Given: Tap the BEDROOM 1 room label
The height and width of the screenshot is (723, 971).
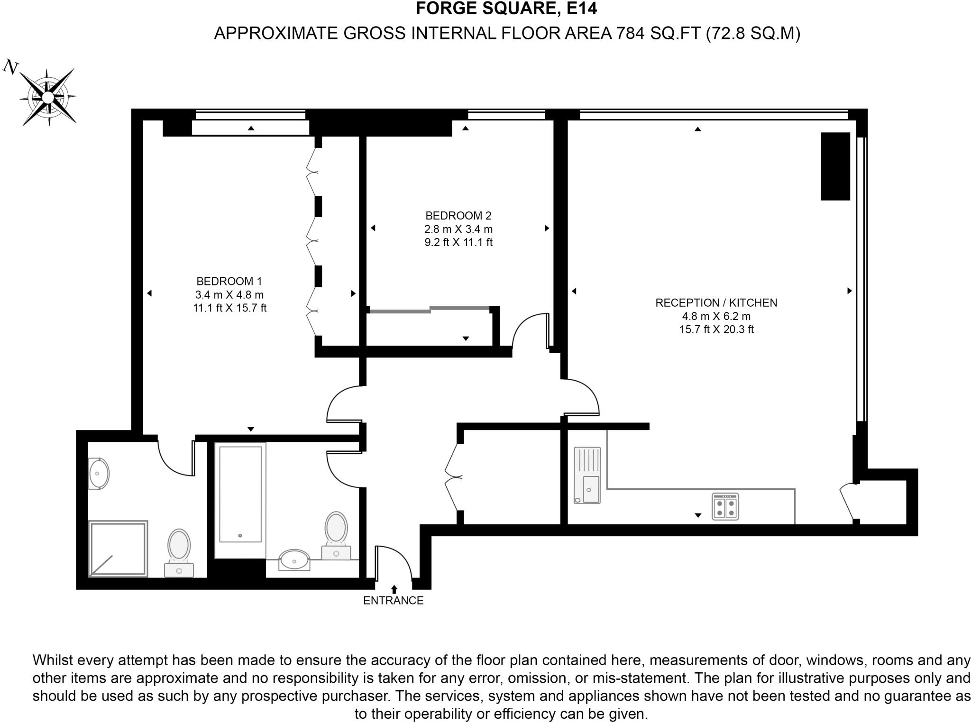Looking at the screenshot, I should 229,281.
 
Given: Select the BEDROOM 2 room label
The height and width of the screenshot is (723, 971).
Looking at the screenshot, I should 458,216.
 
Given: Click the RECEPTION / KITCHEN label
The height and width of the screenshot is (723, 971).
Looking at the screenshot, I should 716,302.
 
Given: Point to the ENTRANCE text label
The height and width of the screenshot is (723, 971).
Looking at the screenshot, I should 393,600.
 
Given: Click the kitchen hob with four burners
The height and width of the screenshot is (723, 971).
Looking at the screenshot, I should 725,507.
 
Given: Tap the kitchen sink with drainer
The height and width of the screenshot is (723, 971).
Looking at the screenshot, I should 587,475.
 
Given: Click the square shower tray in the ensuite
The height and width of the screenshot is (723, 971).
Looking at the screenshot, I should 118,549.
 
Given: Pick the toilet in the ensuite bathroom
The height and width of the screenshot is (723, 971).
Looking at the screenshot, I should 179,550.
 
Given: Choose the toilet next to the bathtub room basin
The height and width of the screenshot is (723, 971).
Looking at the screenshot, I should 336,533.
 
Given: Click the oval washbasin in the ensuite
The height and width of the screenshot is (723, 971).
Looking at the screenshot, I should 99,474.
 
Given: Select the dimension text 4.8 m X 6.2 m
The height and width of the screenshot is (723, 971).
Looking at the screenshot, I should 716,316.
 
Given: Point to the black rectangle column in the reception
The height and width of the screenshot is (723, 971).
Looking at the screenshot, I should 835,166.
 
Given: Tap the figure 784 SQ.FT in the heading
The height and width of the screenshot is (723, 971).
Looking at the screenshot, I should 658,33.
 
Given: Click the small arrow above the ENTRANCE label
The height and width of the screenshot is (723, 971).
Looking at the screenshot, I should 394,589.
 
